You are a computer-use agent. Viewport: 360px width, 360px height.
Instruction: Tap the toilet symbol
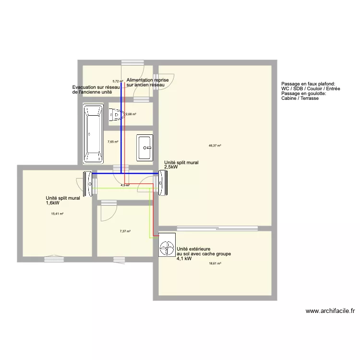[x=117, y=114]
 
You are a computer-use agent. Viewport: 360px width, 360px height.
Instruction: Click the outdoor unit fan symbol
[x=167, y=246]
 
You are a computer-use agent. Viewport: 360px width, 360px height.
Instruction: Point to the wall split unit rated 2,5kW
[x=164, y=184]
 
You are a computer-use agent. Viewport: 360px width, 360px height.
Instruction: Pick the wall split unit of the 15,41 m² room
[x=89, y=184]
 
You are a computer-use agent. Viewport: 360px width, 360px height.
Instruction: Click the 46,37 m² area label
[x=215, y=145]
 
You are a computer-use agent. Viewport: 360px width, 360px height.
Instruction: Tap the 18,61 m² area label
[x=215, y=264]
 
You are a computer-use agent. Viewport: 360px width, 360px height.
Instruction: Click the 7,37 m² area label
[x=125, y=231]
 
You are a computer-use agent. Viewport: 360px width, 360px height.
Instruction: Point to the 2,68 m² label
[x=131, y=114]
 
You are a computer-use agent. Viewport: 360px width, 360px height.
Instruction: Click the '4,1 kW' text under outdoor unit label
[x=184, y=259]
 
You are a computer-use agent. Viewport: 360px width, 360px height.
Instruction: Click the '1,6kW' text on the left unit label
[x=54, y=203]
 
